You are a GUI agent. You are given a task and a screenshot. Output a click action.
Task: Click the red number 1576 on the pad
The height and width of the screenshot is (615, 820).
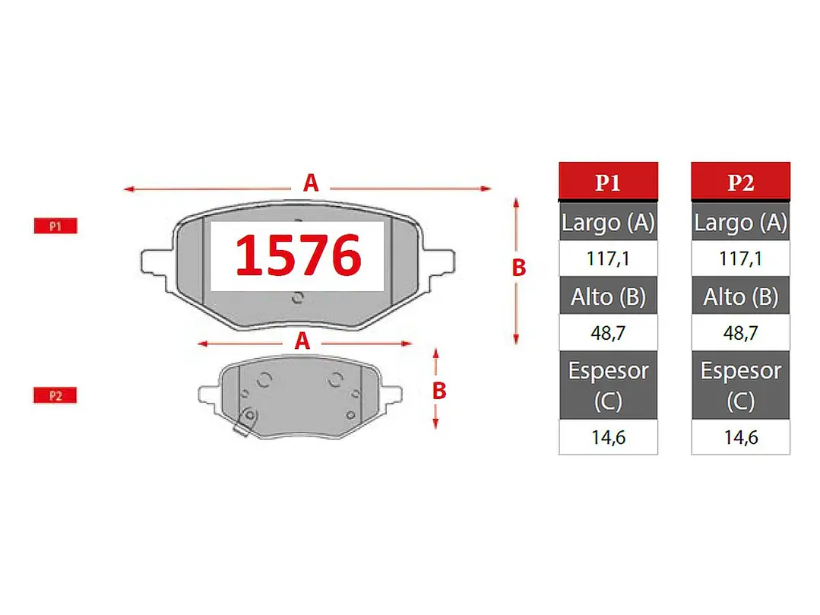click(298, 255)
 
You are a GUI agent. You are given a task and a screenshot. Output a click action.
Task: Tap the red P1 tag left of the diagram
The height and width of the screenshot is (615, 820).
click(55, 226)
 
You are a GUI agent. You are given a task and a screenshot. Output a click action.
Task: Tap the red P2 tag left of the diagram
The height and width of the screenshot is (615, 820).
click(55, 395)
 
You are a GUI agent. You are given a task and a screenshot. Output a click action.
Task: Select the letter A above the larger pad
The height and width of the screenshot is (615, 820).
click(311, 183)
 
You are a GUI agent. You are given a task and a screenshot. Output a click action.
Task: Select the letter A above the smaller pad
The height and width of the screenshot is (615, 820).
click(302, 341)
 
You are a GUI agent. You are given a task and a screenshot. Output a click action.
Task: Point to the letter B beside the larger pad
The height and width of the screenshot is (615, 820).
click(518, 268)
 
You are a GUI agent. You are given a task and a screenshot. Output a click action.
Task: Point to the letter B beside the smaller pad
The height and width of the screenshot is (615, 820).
click(439, 391)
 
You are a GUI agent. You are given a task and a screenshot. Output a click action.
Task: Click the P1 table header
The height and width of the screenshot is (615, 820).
click(608, 182)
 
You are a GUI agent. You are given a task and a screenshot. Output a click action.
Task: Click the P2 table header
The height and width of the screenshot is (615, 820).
click(740, 182)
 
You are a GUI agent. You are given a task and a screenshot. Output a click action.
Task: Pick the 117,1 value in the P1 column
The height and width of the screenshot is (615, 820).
click(608, 258)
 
